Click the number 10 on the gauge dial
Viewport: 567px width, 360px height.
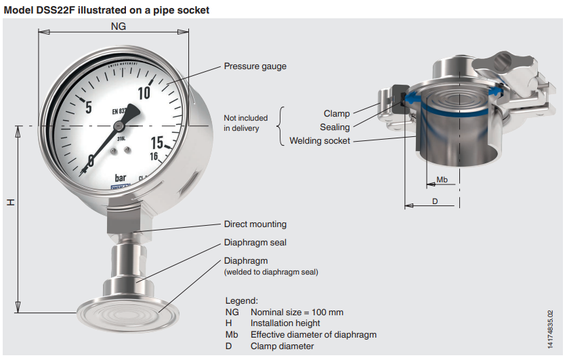click(x=144, y=92)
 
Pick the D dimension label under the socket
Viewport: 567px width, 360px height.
click(x=435, y=201)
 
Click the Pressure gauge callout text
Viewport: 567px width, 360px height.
click(x=255, y=66)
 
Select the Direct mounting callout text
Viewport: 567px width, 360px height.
click(x=255, y=224)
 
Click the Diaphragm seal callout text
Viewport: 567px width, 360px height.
click(x=255, y=242)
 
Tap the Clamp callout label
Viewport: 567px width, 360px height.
click(x=337, y=114)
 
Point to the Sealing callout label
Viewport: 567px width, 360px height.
click(x=335, y=127)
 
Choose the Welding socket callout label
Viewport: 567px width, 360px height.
click(x=320, y=140)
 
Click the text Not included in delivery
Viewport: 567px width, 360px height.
click(x=245, y=123)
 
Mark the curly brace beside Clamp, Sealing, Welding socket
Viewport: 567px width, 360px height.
click(x=282, y=126)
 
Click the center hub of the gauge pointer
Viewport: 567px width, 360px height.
click(x=119, y=125)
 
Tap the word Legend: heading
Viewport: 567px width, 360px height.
click(x=241, y=300)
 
